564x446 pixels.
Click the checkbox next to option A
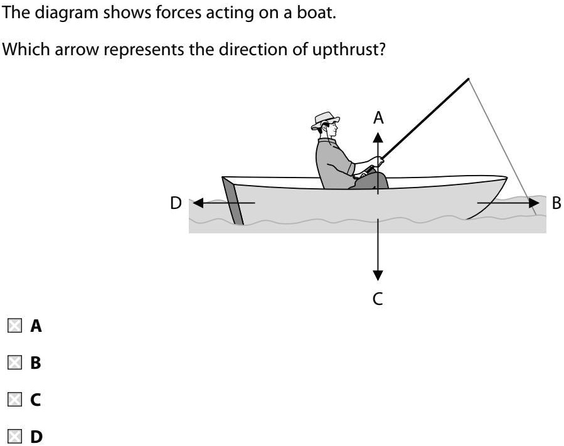point(14,326)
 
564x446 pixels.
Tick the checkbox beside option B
point(14,363)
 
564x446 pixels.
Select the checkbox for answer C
point(14,399)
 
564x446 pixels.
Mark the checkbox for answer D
point(14,435)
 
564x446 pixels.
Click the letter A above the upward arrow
point(378,117)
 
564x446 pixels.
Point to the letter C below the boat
point(378,299)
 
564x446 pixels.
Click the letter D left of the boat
point(176,203)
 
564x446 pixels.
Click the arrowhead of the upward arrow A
point(378,136)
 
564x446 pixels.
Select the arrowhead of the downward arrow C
point(378,275)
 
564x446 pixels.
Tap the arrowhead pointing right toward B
point(534,203)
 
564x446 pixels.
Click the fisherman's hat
point(324,120)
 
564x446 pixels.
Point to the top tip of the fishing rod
point(468,79)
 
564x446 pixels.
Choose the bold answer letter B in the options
point(36,363)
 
